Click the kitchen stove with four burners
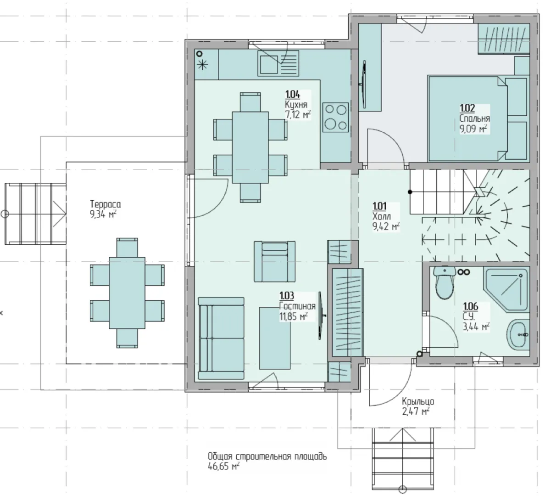(x=335, y=117)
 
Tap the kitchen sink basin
(x=269, y=64)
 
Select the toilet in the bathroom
(x=445, y=282)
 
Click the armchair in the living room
(x=274, y=262)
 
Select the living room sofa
(x=221, y=338)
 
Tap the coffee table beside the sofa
(x=275, y=338)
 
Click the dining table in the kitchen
(x=250, y=147)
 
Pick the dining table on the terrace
(x=127, y=293)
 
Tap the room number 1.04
(x=293, y=95)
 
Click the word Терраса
(x=106, y=204)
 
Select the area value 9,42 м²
(x=386, y=227)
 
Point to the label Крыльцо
(x=418, y=401)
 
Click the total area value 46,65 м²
(x=223, y=466)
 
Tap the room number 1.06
(x=471, y=306)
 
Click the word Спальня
(x=475, y=118)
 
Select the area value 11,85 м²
(x=294, y=316)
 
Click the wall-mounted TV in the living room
(x=320, y=316)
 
